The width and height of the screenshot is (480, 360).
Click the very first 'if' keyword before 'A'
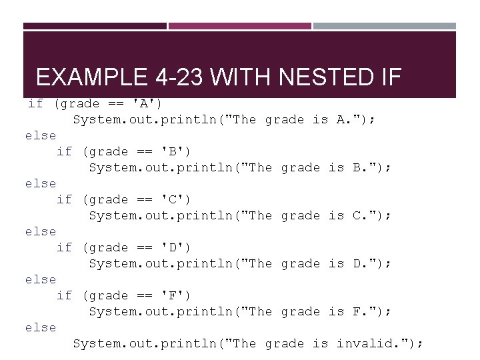tap(35, 103)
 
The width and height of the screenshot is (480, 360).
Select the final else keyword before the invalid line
tap(41, 327)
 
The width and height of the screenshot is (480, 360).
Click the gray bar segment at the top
tap(385, 26)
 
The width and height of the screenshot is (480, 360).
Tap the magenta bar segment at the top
tap(239, 26)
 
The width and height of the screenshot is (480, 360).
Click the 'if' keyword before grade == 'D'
tap(65, 247)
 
